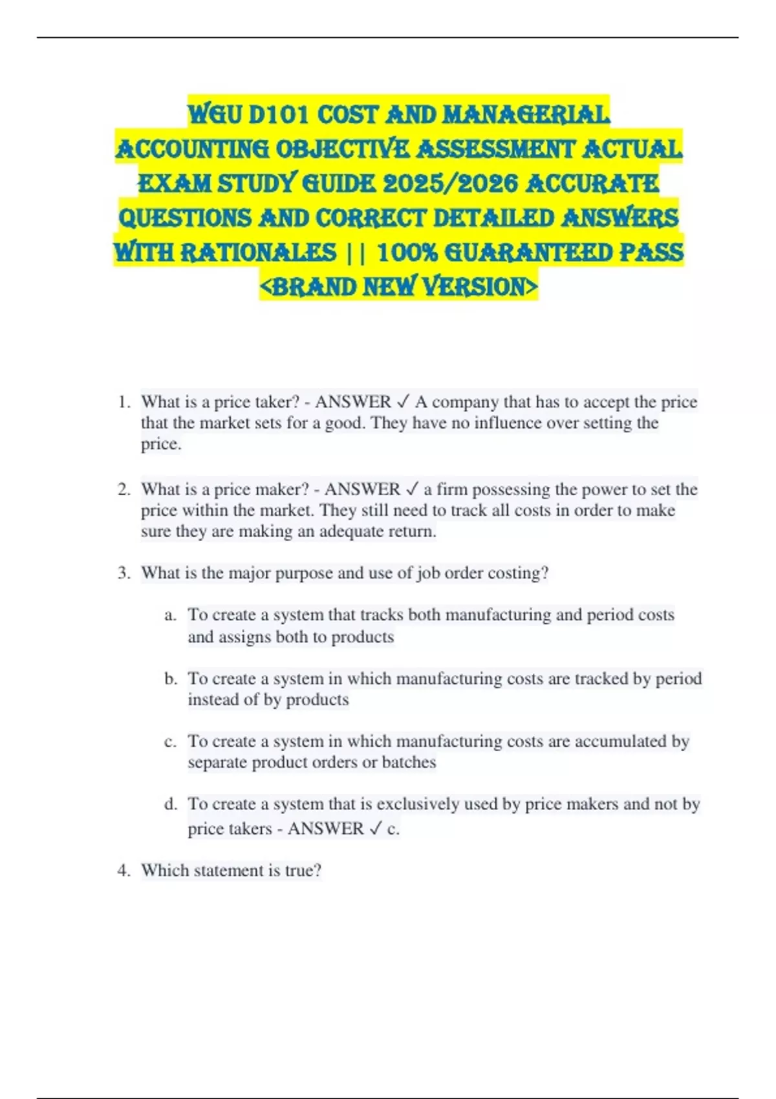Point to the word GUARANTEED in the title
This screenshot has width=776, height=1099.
point(528,252)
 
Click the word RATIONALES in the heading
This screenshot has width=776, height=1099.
point(258,252)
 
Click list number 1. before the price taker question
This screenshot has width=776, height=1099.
point(125,402)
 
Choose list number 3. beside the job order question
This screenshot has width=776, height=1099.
point(125,573)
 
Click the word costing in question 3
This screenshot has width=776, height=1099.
point(518,573)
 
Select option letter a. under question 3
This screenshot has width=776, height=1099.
point(170,615)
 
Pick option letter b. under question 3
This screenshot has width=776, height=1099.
point(170,679)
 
